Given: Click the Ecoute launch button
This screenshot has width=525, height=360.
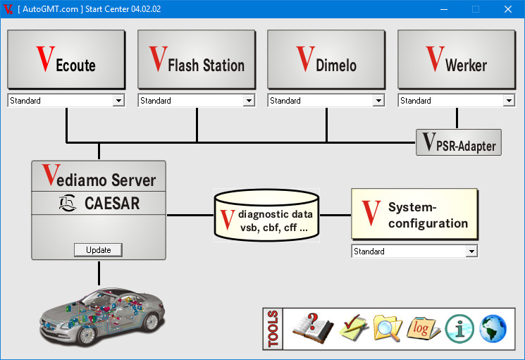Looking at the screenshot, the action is coord(66,59).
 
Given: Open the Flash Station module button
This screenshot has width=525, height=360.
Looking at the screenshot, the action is coord(197,59).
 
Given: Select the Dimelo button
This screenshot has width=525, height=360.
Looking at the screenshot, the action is coord(326,59).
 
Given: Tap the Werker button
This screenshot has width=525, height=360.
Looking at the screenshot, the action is coord(457,59).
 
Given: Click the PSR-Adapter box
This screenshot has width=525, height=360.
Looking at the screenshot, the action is coord(458,142).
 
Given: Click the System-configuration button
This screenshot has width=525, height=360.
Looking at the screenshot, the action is coord(414,214).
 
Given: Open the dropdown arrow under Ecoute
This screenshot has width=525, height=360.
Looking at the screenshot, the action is coord(118,100).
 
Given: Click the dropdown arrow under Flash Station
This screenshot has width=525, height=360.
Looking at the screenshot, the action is coord(249,100).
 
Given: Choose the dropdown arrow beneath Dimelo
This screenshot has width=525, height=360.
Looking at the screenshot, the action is coord(378,100).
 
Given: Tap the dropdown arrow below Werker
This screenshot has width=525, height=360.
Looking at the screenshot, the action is coord(509,100).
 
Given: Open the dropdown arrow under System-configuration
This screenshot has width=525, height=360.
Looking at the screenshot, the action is coord(471,252).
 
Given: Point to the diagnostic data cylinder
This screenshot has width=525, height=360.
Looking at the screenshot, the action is coord(266,215).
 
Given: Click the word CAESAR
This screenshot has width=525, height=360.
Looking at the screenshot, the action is coord(112,203).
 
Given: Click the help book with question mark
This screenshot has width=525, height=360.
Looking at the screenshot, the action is coord(313,328).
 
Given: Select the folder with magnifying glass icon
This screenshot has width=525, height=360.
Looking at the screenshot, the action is coord(388,328).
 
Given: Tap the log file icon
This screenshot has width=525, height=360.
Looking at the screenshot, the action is coord(424,328).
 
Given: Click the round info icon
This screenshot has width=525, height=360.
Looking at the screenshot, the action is coord(459,329).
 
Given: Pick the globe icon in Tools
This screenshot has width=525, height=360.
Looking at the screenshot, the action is coord(493,328).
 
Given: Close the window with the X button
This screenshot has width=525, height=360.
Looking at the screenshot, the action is coord(508,9).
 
